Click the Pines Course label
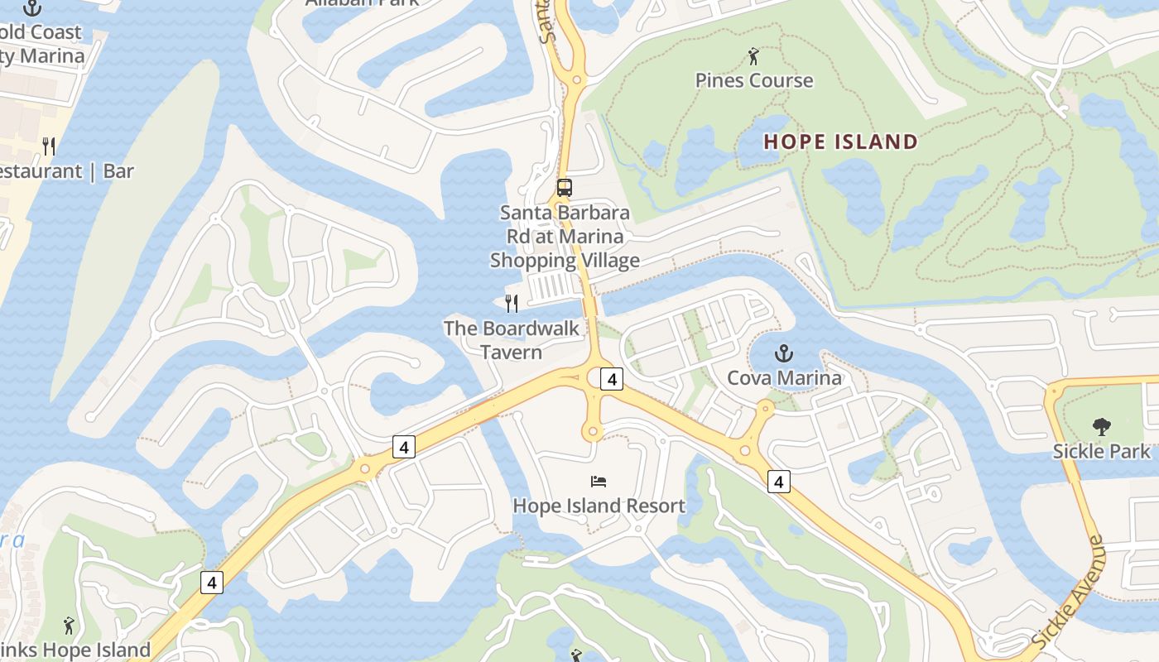tap(754, 80)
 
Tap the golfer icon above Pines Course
tap(753, 56)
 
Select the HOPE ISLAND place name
tap(841, 142)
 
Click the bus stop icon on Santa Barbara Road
tap(565, 188)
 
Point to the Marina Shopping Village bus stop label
tap(565, 237)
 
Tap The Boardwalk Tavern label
tap(511, 340)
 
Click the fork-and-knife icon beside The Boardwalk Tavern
tap(512, 304)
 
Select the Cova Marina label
tap(784, 378)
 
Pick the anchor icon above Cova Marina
tap(783, 354)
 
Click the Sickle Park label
tap(1101, 451)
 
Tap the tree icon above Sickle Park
tap(1101, 427)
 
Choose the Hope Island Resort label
tap(599, 506)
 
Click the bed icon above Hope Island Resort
tap(599, 481)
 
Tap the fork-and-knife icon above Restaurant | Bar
tap(49, 146)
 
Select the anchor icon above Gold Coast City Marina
tap(32, 8)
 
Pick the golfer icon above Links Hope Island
tap(69, 626)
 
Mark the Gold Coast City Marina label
tap(41, 45)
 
